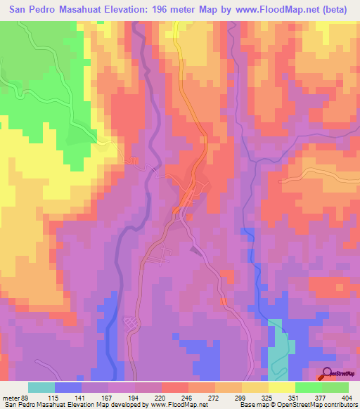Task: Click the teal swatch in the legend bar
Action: coord(41,388)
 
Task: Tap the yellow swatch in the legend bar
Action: coord(281,388)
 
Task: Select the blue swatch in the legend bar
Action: coord(68,388)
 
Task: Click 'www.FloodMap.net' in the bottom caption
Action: coord(180,404)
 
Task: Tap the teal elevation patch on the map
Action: coord(279,351)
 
